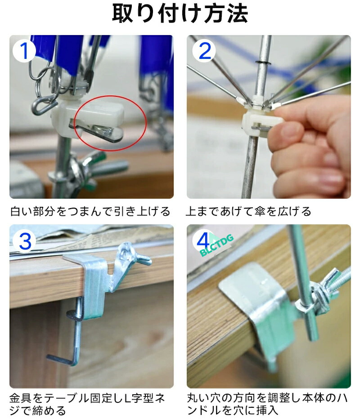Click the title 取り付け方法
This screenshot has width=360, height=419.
180,13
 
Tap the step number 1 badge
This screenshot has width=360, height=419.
24,51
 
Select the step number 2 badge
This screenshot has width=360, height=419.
204,51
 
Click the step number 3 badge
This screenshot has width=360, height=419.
25,241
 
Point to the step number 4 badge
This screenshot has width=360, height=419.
203,241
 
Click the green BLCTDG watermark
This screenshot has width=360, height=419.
216,245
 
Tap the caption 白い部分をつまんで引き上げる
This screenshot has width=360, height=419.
90,211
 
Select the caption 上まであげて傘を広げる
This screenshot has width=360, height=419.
248,211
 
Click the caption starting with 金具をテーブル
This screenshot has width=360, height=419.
87,404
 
